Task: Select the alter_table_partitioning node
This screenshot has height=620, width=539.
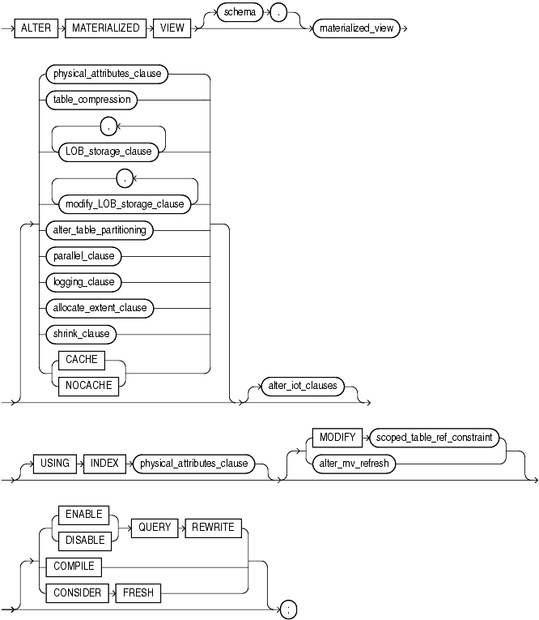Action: [100, 230]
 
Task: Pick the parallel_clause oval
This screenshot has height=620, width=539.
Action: [83, 256]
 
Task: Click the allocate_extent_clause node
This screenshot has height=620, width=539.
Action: [100, 307]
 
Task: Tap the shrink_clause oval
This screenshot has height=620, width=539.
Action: [81, 333]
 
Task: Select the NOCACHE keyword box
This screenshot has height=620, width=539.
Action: [83, 386]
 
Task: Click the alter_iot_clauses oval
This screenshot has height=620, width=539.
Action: [301, 386]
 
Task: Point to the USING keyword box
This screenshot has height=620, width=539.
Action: [54, 464]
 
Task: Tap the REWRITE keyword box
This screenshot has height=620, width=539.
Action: [214, 527]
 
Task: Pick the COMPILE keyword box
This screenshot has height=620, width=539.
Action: [74, 567]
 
